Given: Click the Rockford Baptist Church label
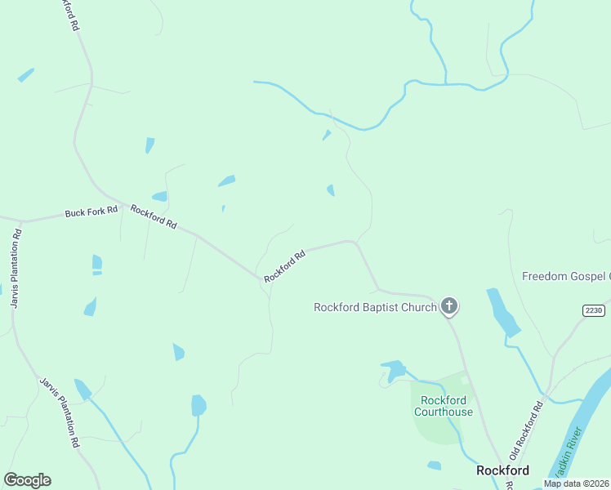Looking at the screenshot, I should (375, 307).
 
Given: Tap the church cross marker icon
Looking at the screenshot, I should (448, 306).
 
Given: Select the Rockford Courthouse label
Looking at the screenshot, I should (444, 406).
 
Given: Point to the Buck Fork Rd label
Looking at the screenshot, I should (91, 212).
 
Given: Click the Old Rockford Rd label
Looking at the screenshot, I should (527, 429).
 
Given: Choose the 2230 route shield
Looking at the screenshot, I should (594, 310).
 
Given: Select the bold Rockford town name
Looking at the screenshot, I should (503, 470).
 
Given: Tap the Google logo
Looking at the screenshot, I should (27, 479).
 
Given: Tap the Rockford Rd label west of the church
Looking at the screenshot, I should (285, 266).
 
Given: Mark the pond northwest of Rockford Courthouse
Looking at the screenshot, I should (395, 370).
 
